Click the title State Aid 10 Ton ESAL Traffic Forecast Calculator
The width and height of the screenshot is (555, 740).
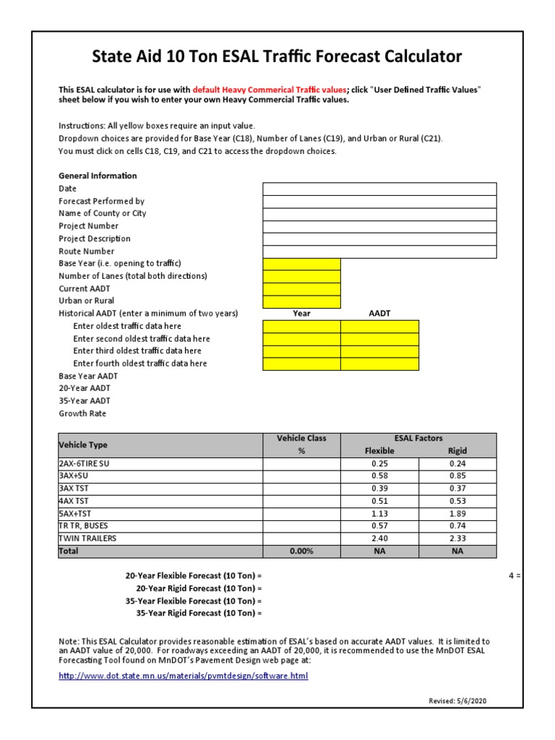tap(277, 56)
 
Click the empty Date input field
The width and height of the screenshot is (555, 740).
tap(379, 189)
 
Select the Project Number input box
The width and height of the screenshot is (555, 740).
tap(379, 226)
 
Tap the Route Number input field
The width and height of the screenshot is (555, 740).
tap(379, 251)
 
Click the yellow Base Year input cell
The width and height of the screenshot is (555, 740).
tap(301, 264)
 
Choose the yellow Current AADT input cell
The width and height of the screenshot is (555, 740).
tap(301, 288)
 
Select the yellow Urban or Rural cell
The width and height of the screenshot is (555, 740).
tap(301, 301)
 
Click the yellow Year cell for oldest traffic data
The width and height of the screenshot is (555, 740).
tap(301, 326)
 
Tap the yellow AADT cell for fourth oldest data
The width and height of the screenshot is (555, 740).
tap(379, 363)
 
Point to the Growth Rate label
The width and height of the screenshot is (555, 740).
tap(82, 413)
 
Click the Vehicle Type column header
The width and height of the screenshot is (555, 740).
tap(83, 445)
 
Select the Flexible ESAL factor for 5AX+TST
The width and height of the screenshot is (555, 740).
tap(379, 513)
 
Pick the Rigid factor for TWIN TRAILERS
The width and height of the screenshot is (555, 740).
tap(458, 538)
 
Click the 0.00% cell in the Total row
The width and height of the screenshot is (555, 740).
tap(301, 551)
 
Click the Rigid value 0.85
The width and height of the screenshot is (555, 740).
tap(458, 476)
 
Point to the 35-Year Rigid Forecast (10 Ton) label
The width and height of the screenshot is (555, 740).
tap(199, 613)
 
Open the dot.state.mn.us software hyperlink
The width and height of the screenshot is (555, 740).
tap(183, 676)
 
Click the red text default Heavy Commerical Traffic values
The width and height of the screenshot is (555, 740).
tap(270, 90)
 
